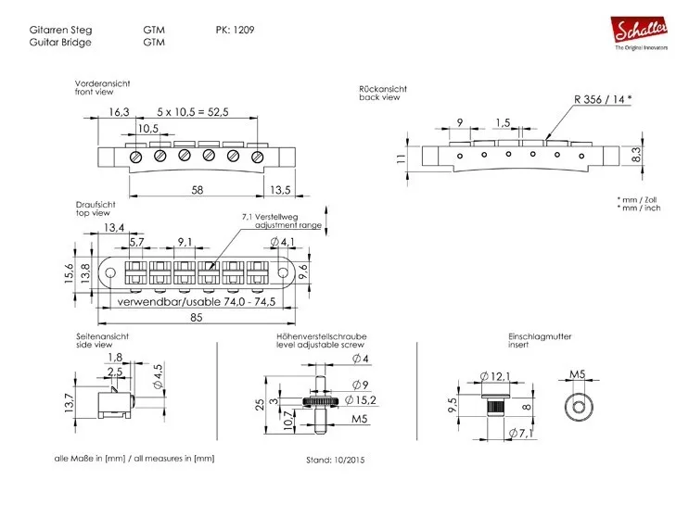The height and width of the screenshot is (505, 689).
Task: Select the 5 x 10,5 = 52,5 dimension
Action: click(x=193, y=111)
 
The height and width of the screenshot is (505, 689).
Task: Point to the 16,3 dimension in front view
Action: click(x=119, y=111)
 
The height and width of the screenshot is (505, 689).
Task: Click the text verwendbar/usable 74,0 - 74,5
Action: click(x=196, y=302)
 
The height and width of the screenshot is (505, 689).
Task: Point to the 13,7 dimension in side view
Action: click(x=68, y=402)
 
